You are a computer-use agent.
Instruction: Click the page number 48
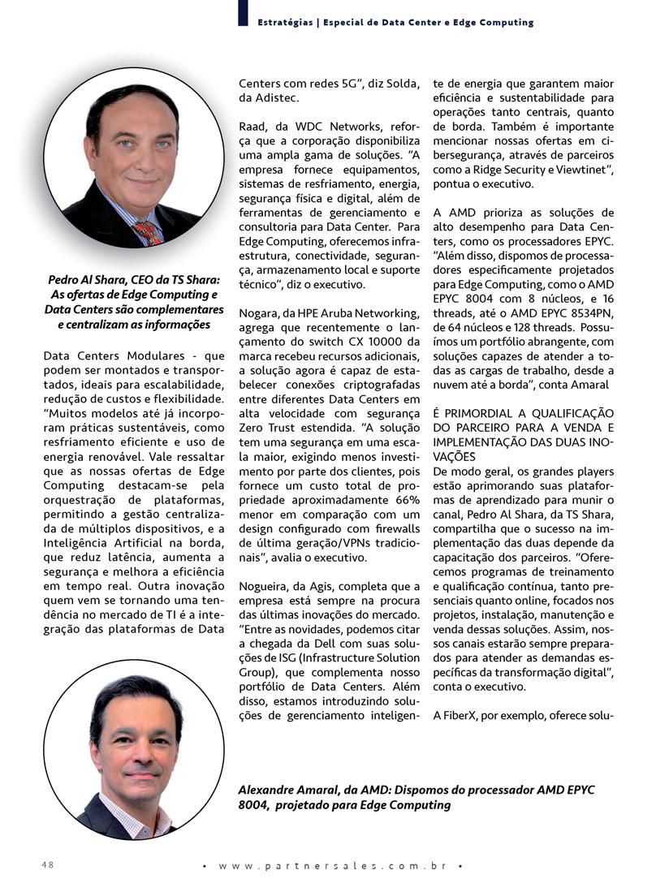tap(48, 864)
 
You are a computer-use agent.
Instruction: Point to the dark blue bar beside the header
tap(243, 14)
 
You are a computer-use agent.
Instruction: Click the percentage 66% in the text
tap(402, 503)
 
